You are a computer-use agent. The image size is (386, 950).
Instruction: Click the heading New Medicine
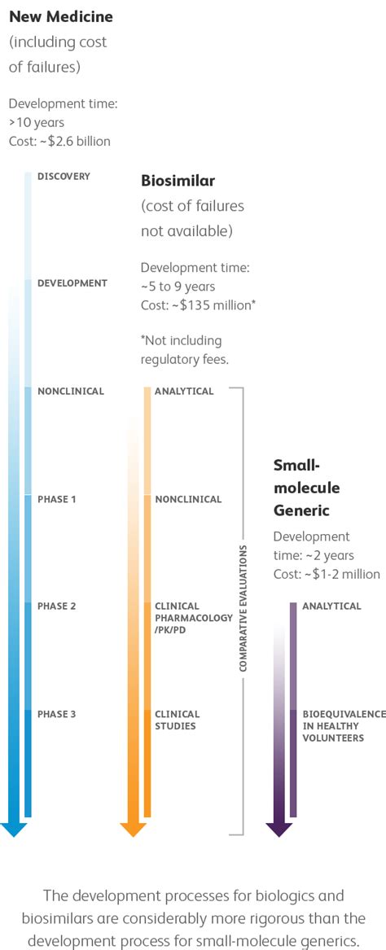click(61, 16)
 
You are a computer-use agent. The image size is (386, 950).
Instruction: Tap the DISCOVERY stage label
click(64, 176)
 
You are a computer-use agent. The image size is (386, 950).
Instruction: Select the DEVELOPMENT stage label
click(72, 283)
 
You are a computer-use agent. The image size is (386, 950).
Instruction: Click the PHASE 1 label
click(57, 499)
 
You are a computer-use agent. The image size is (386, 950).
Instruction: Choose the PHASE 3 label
click(57, 714)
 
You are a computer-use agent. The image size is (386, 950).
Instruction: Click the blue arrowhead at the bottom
click(14, 829)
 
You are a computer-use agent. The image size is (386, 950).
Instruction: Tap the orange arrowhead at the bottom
click(133, 829)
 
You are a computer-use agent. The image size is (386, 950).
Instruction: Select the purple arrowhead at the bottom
click(279, 829)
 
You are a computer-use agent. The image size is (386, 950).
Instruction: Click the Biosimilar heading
click(178, 180)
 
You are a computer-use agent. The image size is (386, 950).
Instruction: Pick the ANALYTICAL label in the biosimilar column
click(184, 392)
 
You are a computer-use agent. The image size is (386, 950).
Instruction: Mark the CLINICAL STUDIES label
click(175, 720)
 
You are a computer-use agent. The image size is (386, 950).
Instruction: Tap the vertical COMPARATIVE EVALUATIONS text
click(243, 609)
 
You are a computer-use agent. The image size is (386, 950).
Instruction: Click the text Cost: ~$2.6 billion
click(59, 141)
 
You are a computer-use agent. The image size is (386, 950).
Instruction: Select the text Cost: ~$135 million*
click(200, 304)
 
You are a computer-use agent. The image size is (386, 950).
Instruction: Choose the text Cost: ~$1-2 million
click(327, 574)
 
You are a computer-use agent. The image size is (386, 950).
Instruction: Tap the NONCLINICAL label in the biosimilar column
click(188, 499)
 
